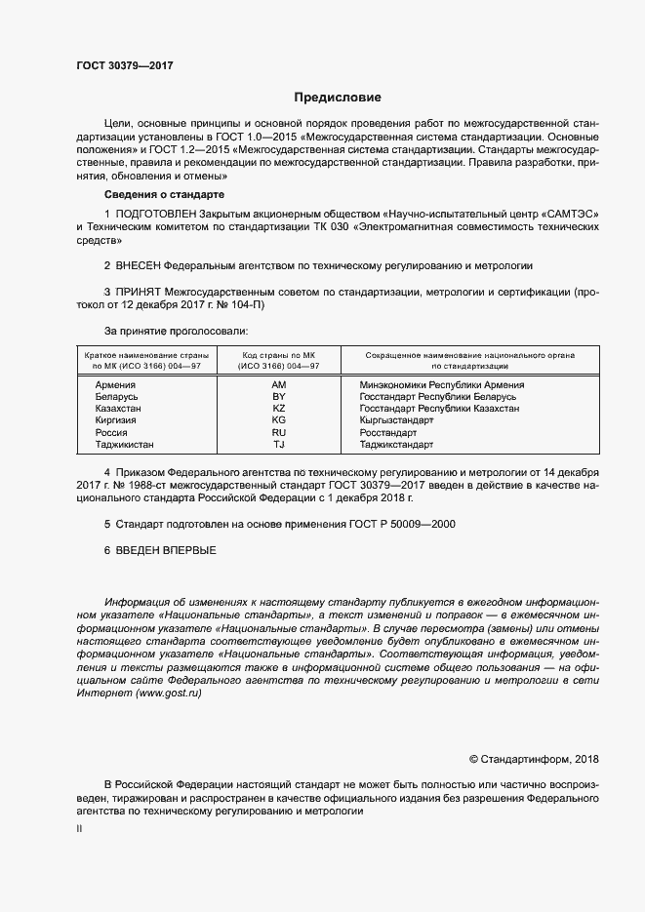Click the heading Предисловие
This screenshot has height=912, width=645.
tap(339, 98)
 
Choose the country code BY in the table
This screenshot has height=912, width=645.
tap(278, 396)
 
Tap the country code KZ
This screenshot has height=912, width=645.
tap(278, 408)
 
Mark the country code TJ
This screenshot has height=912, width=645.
tap(278, 444)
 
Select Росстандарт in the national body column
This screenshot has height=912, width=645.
tap(387, 432)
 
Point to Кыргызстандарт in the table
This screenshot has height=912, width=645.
tap(396, 420)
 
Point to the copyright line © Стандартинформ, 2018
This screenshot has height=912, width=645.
tap(533, 758)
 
